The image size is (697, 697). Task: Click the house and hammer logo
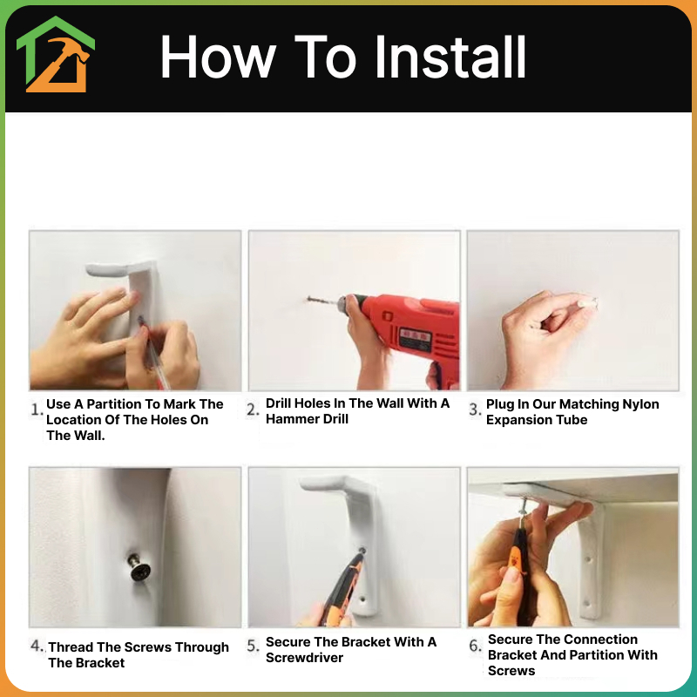(56, 54)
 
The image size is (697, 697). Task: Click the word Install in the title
(450, 58)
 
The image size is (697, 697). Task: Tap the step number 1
(37, 409)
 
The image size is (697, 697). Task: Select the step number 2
(253, 409)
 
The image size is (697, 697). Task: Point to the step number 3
(475, 409)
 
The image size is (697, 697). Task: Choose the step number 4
(37, 646)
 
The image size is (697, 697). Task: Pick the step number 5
(253, 646)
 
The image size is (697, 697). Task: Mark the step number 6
(475, 646)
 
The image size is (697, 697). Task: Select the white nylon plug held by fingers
(587, 303)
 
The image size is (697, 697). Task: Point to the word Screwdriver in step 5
(304, 658)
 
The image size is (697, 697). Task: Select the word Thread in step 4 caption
(71, 647)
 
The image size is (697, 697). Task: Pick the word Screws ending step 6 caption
(511, 671)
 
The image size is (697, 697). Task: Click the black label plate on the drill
(416, 339)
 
